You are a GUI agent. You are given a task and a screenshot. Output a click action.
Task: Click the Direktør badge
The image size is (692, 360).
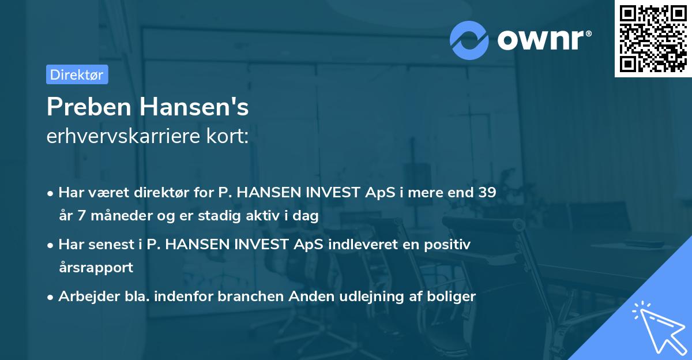77,74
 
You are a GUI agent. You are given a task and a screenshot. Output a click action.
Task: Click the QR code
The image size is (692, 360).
653,39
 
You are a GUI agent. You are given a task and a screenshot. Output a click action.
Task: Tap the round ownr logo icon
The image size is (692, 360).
470,40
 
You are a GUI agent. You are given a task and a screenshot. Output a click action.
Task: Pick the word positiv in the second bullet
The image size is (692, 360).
449,245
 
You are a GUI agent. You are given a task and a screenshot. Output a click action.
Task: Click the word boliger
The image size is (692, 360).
451,297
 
